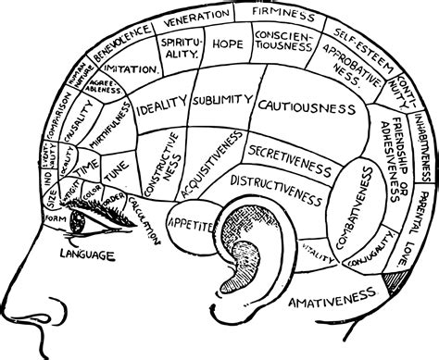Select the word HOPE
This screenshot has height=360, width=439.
coord(227,43)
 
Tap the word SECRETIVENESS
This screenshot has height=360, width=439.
coord(289,151)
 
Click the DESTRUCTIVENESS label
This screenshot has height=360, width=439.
coord(275,184)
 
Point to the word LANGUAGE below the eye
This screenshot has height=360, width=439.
coord(87,254)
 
